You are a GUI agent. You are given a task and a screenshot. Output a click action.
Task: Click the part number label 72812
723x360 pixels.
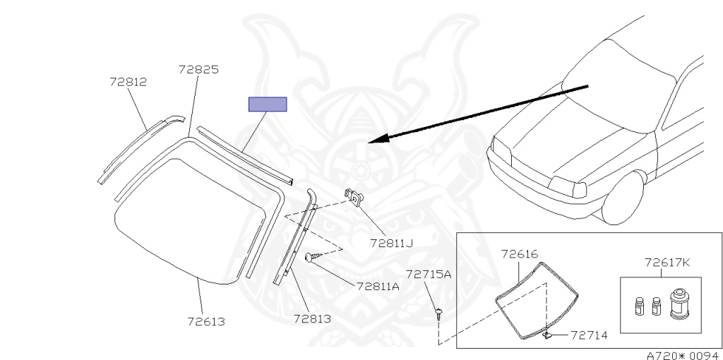coord(128,82)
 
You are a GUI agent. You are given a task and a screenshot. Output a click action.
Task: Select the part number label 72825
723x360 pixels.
coord(198,70)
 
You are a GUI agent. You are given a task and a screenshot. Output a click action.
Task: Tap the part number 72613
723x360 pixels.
coord(206,321)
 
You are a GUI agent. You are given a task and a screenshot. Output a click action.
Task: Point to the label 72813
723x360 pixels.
coord(312,318)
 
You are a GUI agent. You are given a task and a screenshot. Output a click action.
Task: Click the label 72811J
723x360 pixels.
coord(390,244)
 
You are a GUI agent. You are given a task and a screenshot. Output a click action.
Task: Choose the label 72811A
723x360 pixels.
coord(378,287)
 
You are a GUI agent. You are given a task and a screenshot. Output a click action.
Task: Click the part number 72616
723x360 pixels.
coord(520,253)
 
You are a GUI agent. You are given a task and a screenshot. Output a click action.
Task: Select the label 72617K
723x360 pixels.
coord(667,263)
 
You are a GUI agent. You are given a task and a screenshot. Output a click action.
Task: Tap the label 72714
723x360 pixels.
coord(589,335)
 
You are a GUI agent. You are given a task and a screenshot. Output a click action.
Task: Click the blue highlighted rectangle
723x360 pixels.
coord(267,104)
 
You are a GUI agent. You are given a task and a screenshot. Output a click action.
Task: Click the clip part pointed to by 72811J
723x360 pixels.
coord(355,196)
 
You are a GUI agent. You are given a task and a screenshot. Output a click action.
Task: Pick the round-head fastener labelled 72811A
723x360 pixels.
coord(311,258)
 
